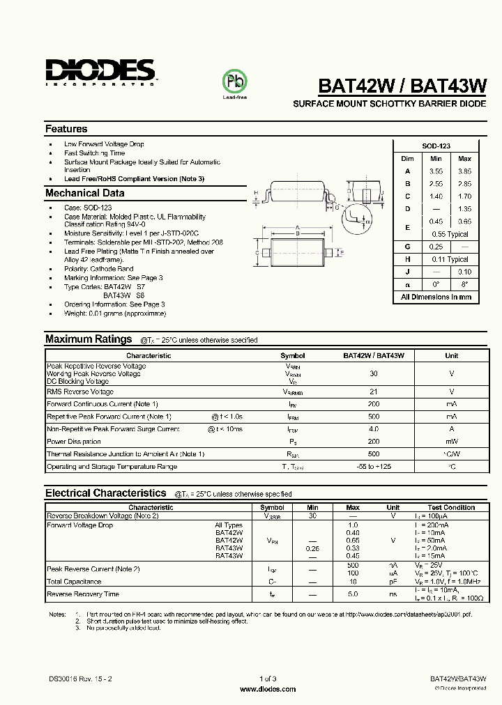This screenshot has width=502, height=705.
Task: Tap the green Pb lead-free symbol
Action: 234,81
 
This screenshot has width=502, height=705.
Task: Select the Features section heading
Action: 66,129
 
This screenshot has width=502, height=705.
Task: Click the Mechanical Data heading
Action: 84,193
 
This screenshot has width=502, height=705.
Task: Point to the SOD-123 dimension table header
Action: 436,146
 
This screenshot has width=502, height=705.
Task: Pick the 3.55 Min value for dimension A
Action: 436,171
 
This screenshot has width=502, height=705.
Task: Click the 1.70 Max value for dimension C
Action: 464,196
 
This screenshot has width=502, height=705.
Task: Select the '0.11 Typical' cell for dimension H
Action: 450,259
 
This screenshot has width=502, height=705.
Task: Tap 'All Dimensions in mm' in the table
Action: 436,297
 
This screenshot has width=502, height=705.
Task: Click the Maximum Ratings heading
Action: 89,339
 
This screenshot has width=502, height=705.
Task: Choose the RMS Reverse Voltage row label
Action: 79,392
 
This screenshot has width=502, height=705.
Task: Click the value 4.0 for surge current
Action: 374,429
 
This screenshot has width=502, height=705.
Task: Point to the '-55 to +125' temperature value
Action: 374,467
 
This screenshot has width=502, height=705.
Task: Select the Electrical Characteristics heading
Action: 105,493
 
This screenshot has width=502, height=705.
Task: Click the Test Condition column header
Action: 451,508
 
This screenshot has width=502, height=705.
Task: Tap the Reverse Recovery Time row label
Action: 82,594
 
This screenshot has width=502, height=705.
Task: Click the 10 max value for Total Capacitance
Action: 353,582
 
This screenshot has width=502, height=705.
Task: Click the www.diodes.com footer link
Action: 268,689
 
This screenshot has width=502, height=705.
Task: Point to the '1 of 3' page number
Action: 268,679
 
